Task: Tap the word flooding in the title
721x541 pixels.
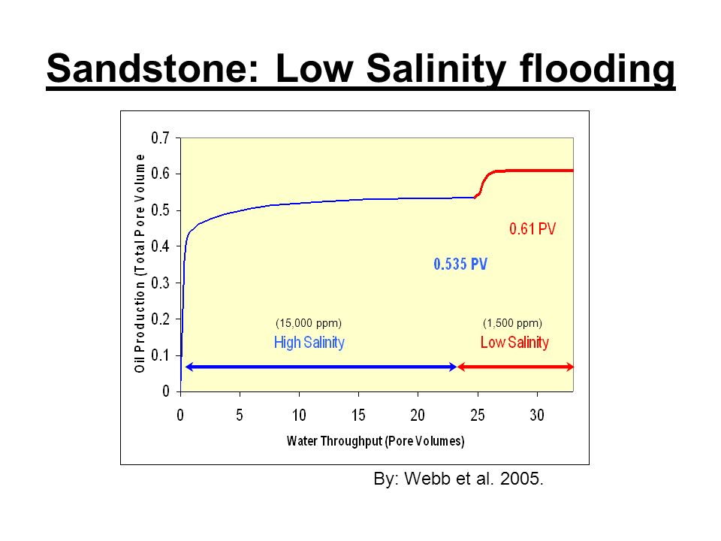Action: point(597,69)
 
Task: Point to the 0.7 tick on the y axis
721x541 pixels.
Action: point(178,138)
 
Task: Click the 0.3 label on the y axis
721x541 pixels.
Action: point(160,283)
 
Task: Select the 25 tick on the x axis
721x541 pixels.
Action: point(478,394)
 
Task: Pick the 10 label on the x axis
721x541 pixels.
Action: point(299,416)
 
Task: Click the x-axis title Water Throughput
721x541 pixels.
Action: point(376,441)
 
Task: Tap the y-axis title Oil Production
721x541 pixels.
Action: point(140,264)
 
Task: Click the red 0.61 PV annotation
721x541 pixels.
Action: point(532,228)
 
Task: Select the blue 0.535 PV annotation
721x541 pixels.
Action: point(460,264)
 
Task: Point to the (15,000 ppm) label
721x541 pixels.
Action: point(309,323)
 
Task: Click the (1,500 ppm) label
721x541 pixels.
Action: point(512,323)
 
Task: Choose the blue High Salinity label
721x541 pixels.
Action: point(309,343)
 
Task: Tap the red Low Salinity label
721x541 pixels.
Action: point(514,343)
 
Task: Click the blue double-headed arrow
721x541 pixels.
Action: point(321,367)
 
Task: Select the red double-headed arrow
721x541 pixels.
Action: point(515,367)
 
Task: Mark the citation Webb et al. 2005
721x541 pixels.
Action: point(474,479)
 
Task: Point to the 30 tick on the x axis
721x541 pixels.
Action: point(537,394)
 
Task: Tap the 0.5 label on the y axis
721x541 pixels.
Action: point(160,210)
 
